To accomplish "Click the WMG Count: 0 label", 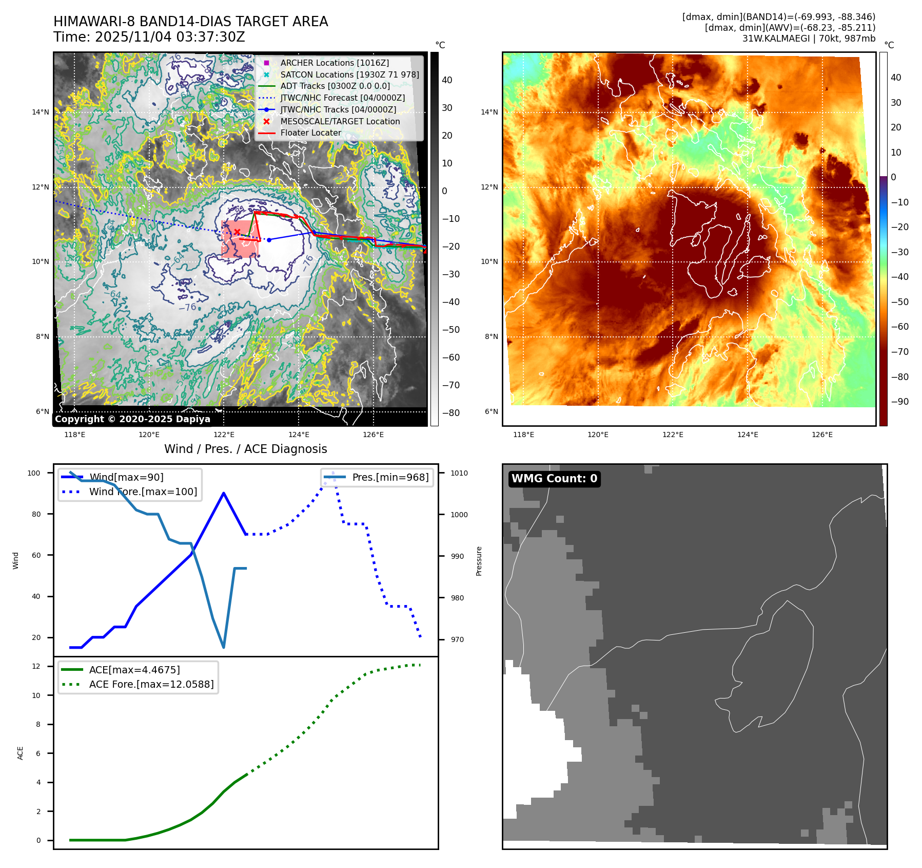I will (x=554, y=479).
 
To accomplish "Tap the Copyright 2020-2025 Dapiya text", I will (x=132, y=419).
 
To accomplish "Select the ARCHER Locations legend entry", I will (x=335, y=63).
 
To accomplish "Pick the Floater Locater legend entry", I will (x=310, y=133).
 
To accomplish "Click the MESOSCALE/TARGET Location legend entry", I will (x=340, y=121).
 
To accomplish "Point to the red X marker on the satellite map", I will (x=237, y=232).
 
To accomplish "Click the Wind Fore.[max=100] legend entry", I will (x=143, y=492).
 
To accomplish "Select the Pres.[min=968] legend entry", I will (x=390, y=477).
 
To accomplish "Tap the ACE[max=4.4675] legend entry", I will (x=134, y=670).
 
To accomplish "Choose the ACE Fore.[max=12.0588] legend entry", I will (x=151, y=684).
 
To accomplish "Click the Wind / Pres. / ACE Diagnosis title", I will (x=245, y=449).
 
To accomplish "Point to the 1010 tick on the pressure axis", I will (x=459, y=473).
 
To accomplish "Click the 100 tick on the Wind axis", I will (x=34, y=473).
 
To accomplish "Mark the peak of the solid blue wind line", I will (x=224, y=493).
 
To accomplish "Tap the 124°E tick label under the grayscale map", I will (x=299, y=435).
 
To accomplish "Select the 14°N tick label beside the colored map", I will (x=489, y=112).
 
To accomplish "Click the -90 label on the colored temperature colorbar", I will (x=899, y=402).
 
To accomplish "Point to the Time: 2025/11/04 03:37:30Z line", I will (x=149, y=37).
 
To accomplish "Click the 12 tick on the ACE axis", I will (x=36, y=666).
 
